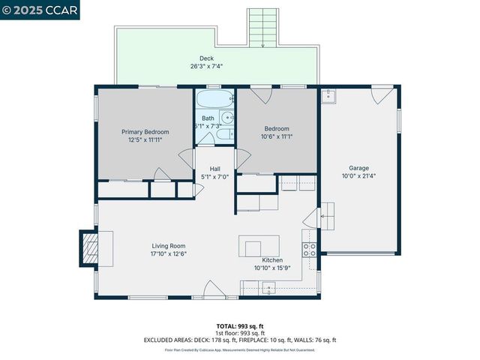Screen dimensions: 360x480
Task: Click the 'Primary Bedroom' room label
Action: (145, 132)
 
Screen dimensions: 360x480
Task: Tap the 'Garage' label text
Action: (358, 168)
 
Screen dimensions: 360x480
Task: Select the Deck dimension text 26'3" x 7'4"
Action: (206, 66)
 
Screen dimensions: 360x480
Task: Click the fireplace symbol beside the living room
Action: (89, 248)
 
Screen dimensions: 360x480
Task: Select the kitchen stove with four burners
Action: (307, 250)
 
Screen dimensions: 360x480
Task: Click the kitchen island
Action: (259, 246)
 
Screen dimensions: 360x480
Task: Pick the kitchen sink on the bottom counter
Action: (268, 287)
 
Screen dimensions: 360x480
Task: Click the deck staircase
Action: (263, 28)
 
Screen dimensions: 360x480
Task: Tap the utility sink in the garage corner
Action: (328, 96)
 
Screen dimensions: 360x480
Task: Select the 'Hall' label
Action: (215, 169)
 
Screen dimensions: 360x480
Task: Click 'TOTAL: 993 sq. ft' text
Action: (239, 326)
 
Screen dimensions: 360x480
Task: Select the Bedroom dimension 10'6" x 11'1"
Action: (277, 136)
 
